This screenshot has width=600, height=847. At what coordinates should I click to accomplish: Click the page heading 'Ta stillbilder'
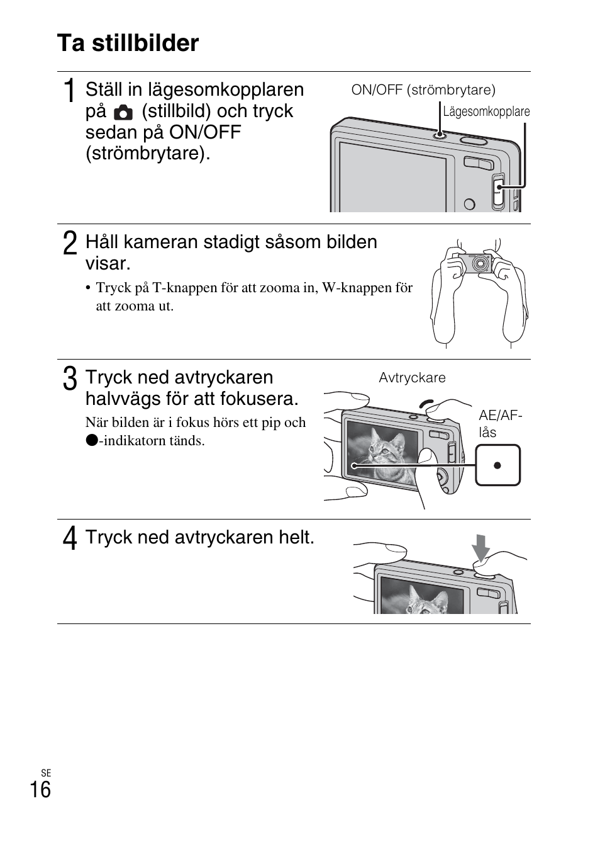(x=128, y=43)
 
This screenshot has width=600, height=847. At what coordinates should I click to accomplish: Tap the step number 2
(x=70, y=244)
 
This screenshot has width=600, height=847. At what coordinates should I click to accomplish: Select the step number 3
(x=70, y=379)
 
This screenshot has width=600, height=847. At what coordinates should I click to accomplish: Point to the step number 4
(x=70, y=539)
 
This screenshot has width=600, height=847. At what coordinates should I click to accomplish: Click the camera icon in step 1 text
(x=123, y=113)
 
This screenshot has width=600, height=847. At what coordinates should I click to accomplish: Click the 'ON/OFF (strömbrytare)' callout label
(x=423, y=90)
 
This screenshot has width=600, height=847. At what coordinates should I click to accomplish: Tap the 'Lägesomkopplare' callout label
(x=486, y=111)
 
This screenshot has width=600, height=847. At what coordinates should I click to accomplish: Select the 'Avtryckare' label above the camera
(x=412, y=378)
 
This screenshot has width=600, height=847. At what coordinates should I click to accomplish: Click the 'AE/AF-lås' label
(x=499, y=424)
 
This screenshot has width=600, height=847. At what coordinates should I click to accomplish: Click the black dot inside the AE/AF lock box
(x=497, y=465)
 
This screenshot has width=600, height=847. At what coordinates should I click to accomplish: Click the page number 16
(x=40, y=790)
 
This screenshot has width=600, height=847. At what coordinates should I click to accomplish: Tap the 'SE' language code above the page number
(x=45, y=773)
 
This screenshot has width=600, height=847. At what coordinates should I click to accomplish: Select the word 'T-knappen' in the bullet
(x=182, y=288)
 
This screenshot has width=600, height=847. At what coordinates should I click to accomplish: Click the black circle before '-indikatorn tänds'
(x=92, y=440)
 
